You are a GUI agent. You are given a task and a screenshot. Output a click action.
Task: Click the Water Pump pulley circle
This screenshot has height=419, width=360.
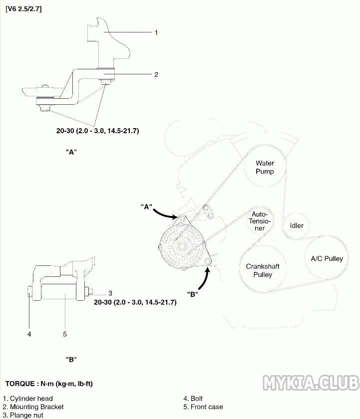265,167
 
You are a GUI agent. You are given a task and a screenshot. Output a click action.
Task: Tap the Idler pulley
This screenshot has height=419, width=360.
297,225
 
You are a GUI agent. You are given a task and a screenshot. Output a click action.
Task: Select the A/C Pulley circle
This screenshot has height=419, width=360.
327,258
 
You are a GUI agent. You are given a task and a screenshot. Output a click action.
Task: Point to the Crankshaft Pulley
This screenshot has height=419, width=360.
263,270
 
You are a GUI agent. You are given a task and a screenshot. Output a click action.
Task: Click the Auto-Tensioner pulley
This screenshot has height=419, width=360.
262,220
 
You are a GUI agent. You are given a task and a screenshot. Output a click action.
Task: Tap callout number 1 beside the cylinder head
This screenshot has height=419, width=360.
156,33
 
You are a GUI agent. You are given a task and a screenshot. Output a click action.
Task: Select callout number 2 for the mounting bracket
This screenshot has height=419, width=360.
156,75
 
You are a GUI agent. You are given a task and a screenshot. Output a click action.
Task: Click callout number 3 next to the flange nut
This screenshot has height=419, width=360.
110,293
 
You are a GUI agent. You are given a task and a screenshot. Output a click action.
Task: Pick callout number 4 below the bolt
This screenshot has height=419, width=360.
29,334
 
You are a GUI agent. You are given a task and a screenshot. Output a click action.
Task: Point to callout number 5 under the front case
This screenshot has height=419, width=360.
65,334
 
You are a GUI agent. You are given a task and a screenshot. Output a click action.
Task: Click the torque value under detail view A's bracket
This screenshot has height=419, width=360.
97,131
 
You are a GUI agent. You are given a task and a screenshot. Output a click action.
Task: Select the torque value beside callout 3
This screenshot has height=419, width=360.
135,302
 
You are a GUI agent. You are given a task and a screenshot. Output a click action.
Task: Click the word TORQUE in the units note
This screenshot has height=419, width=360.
19,384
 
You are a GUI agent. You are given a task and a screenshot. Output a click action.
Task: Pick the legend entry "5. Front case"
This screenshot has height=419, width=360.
203,407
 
